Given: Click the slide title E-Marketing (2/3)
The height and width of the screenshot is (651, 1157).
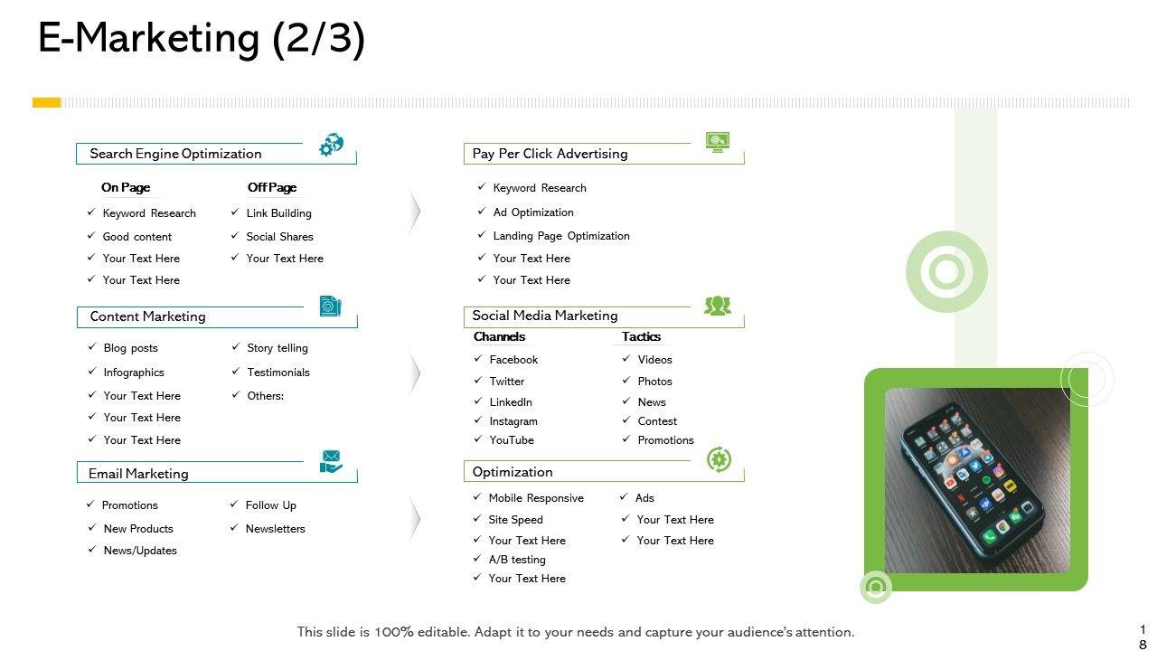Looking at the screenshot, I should click(201, 39).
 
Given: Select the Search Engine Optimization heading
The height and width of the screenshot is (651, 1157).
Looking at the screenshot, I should click(175, 154).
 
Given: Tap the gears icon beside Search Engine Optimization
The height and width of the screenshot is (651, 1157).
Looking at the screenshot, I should click(332, 145).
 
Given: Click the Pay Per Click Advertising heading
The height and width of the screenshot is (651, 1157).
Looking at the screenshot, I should click(550, 154).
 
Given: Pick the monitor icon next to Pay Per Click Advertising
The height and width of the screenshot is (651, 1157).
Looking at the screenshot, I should click(718, 142).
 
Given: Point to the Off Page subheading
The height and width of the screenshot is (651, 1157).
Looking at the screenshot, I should click(272, 188).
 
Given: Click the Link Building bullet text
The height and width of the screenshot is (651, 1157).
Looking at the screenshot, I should click(278, 213).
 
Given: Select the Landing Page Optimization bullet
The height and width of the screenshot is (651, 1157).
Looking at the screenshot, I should click(560, 236).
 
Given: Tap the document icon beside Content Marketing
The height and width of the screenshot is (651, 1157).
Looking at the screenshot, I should click(331, 307).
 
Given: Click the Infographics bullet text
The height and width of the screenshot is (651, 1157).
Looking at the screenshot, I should click(134, 373).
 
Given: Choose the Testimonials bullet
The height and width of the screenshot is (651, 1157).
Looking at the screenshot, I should click(277, 373).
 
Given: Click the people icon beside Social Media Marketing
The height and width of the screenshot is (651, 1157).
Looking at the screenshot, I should click(718, 306).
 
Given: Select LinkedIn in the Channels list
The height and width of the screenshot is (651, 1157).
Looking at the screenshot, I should click(511, 402).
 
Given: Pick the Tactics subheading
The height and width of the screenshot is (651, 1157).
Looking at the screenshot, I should click(641, 336).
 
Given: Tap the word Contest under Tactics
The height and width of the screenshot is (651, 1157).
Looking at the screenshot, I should click(657, 421).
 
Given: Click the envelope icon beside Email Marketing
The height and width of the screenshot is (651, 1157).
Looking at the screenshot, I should click(332, 461).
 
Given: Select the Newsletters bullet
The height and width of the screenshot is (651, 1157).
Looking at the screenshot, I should click(275, 529).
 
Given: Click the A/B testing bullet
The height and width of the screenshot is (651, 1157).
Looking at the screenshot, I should click(517, 560).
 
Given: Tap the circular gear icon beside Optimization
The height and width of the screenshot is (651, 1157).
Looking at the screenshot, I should click(719, 459).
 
